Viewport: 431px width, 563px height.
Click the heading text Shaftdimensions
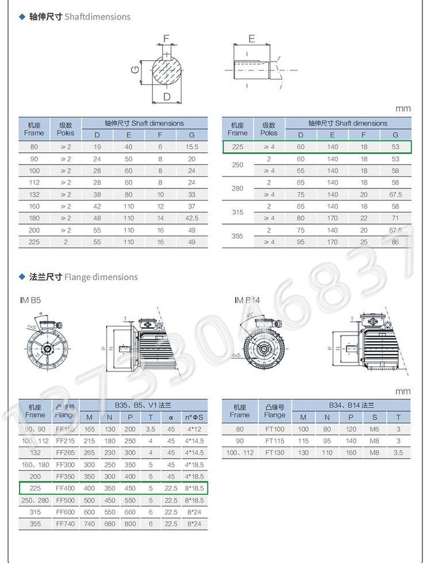98,17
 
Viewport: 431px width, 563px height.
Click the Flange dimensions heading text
101,277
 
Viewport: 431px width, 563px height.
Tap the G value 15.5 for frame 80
192,147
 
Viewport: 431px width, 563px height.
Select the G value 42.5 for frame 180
192,218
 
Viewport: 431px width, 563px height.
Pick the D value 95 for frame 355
301,242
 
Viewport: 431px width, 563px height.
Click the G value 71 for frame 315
395,218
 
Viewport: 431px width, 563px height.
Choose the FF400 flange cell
66,488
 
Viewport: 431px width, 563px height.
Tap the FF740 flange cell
66,524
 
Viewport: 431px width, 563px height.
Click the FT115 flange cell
275,441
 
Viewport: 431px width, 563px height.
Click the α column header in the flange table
171,417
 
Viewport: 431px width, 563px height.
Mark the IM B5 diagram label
30,300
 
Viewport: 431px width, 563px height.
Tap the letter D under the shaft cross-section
167,97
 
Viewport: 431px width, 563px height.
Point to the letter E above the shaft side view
252,38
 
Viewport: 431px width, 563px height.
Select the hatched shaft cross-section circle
167,70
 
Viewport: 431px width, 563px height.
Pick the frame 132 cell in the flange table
35,453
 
